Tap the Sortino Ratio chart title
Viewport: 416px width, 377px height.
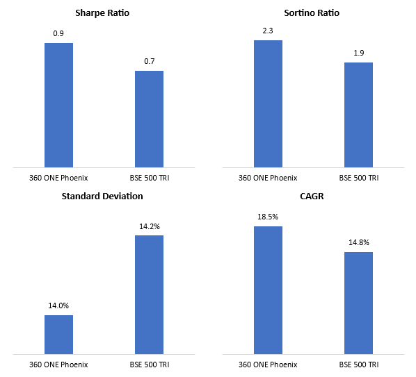point(312,13)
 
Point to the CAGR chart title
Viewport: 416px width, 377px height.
point(313,196)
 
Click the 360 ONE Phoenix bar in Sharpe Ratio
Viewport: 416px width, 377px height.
point(58,105)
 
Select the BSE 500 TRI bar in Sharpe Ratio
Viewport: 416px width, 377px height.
point(149,119)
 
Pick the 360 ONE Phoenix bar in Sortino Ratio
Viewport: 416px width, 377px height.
point(268,103)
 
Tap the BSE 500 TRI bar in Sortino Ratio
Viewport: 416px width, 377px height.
point(358,115)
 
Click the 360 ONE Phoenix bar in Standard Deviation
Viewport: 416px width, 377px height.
point(58,335)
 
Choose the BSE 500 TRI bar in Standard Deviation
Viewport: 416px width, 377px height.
point(149,295)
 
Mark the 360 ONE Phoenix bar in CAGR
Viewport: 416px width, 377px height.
point(268,290)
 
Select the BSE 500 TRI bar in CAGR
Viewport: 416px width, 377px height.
point(358,303)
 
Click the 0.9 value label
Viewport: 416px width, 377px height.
point(58,32)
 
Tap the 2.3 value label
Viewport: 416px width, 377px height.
point(268,29)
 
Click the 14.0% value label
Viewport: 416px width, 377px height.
point(58,305)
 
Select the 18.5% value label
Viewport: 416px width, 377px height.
point(268,216)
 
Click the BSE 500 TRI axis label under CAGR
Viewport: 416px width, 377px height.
point(358,365)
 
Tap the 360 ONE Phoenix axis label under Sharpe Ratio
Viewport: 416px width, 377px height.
point(58,178)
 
